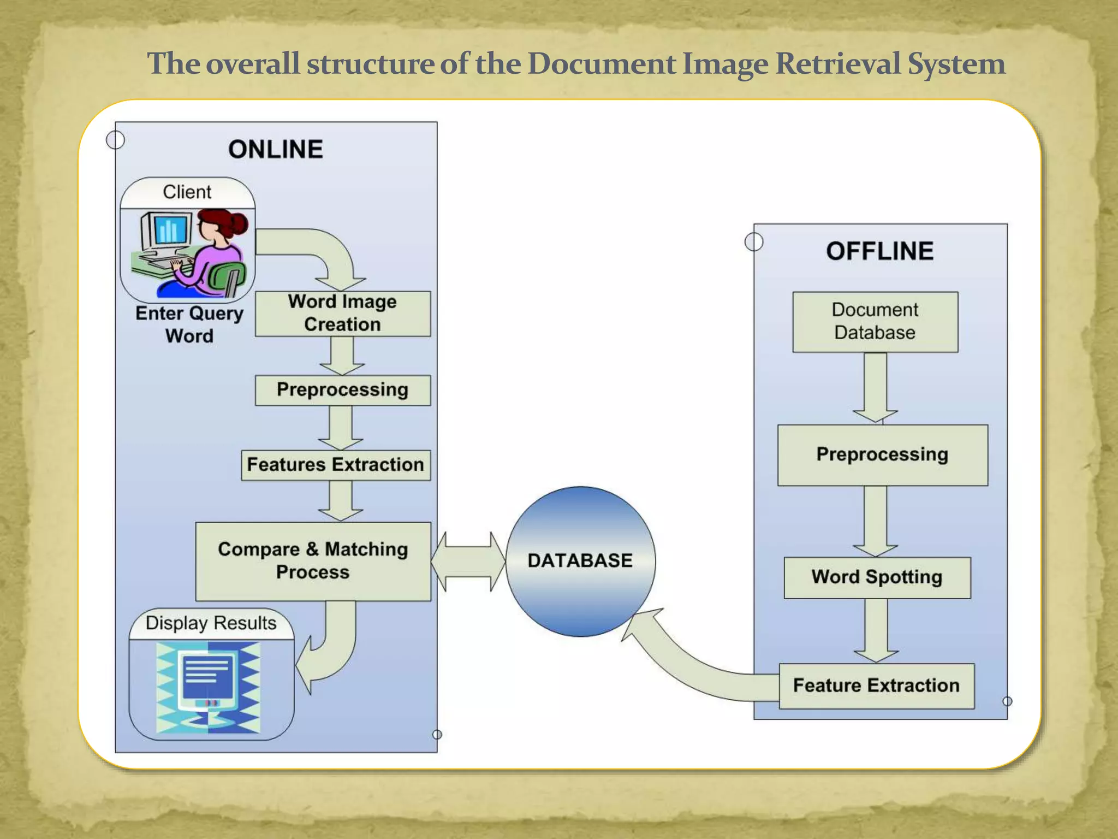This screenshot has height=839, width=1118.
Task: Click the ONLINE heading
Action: pyautogui.click(x=276, y=150)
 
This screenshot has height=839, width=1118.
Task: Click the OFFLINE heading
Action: pyautogui.click(x=879, y=251)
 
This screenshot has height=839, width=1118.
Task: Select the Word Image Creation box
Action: pyautogui.click(x=342, y=314)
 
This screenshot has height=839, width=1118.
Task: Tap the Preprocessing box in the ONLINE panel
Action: pyautogui.click(x=342, y=390)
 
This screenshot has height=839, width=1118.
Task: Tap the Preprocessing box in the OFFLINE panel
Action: pyautogui.click(x=882, y=455)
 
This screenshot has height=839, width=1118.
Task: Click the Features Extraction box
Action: pyautogui.click(x=335, y=465)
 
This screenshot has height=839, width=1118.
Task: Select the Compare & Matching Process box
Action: pyautogui.click(x=313, y=561)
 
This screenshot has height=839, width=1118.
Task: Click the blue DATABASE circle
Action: pyautogui.click(x=580, y=561)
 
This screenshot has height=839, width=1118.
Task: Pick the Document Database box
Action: pyautogui.click(x=875, y=322)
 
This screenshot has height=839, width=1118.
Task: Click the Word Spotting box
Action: pyautogui.click(x=877, y=577)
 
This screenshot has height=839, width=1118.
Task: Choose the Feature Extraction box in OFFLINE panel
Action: pyautogui.click(x=876, y=686)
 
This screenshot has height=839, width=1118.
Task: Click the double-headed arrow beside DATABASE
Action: pyautogui.click(x=468, y=562)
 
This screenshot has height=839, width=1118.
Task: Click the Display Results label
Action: pyautogui.click(x=211, y=623)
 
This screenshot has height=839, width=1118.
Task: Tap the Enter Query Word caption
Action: pyautogui.click(x=189, y=324)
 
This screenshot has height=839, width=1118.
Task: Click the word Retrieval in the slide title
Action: pyautogui.click(x=838, y=64)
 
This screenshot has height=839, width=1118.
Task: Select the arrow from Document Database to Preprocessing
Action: pyautogui.click(x=875, y=388)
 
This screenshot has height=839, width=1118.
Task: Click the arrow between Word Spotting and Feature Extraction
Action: pyautogui.click(x=876, y=630)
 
